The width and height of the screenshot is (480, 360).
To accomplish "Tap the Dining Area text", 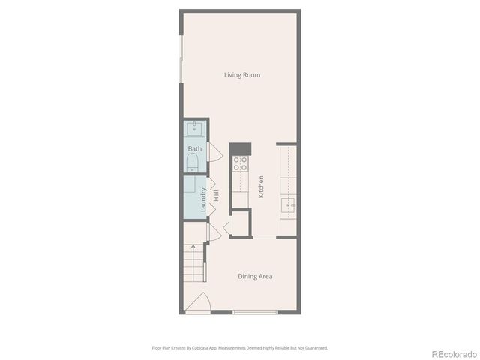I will pyautogui.click(x=255, y=276).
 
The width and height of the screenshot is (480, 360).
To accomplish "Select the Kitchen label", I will pyautogui.click(x=261, y=187).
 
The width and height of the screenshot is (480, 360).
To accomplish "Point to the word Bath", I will pyautogui.click(x=195, y=148).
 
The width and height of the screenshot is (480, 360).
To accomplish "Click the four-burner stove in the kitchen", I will pyautogui.click(x=241, y=163).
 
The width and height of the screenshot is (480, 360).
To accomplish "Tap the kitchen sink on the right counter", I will pyautogui.click(x=288, y=204).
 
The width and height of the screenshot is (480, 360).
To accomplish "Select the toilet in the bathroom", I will pyautogui.click(x=192, y=162).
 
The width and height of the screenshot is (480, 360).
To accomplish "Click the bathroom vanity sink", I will pyautogui.click(x=194, y=128).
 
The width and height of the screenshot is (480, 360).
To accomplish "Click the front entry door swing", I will pyautogui.click(x=198, y=302).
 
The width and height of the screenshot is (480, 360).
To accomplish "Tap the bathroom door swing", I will pyautogui.click(x=215, y=152).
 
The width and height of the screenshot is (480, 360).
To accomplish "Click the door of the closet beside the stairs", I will pyautogui.click(x=213, y=232).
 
